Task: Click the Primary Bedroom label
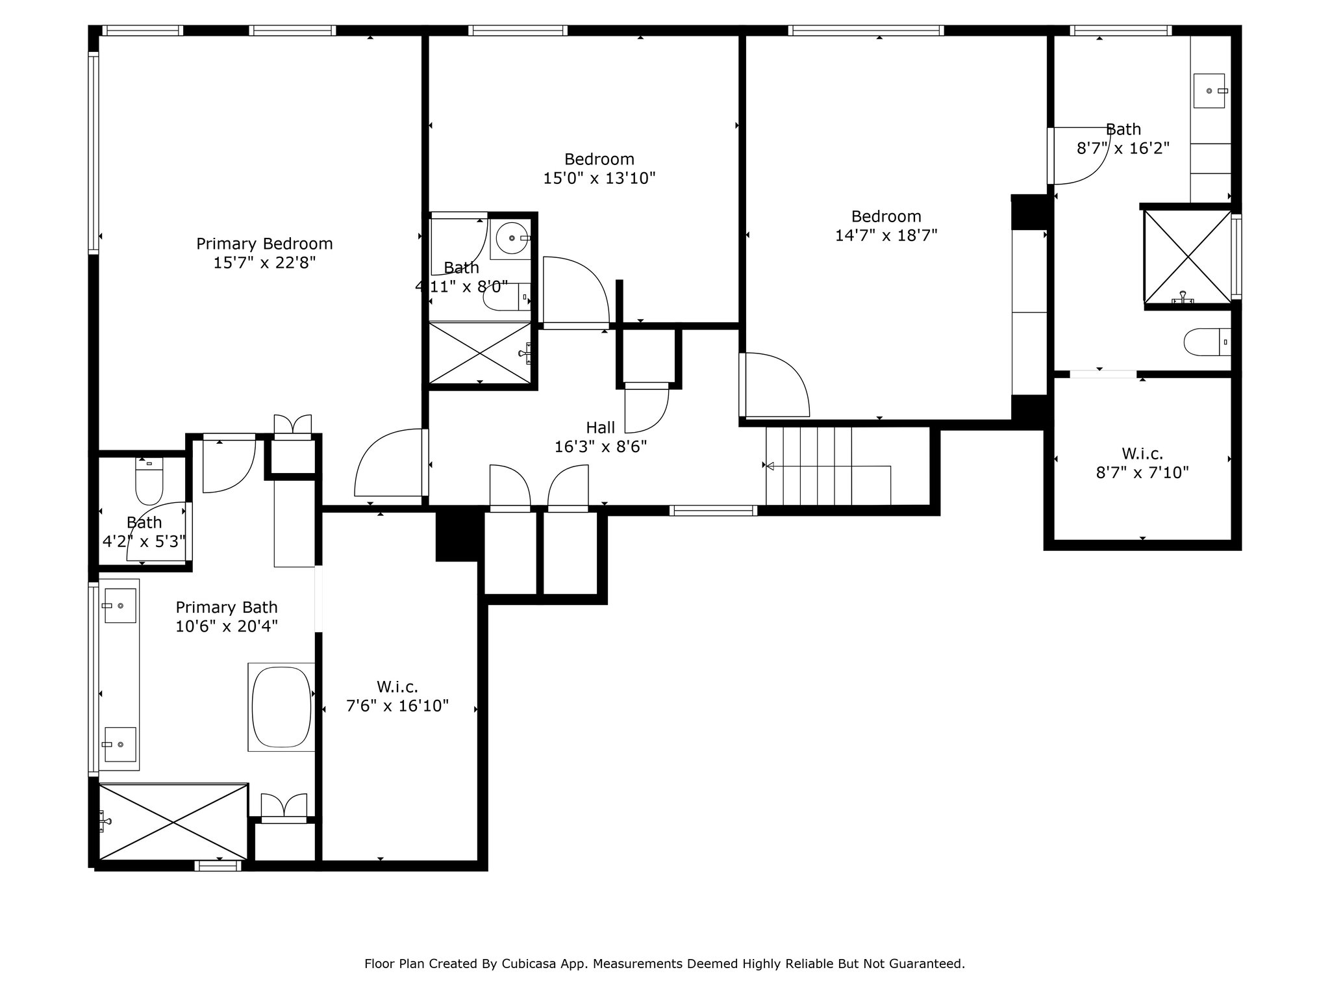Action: click(264, 244)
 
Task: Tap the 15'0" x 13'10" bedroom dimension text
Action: click(599, 178)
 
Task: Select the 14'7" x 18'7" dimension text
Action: click(886, 235)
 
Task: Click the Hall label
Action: click(601, 428)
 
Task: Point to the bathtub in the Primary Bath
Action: click(281, 708)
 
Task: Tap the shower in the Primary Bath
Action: click(173, 822)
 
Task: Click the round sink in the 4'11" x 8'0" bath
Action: click(513, 238)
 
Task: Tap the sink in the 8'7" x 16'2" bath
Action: click(1209, 91)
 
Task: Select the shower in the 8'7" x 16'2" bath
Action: click(1187, 257)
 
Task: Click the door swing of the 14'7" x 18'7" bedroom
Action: click(777, 384)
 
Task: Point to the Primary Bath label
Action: click(227, 608)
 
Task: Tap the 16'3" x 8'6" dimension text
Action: click(601, 447)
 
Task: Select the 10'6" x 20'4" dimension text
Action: click(227, 626)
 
